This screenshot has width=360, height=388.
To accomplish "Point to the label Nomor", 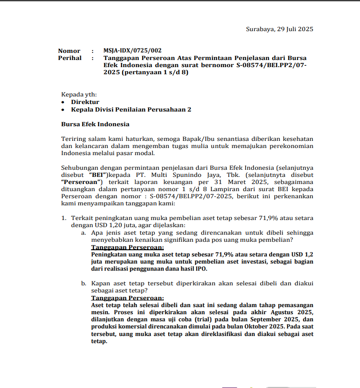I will [69, 51].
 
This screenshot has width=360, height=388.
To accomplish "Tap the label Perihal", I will [70, 58].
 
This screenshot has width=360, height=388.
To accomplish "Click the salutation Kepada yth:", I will [79, 95].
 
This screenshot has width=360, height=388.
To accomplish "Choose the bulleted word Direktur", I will [85, 102].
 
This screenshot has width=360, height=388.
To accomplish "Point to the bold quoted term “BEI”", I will [99, 175].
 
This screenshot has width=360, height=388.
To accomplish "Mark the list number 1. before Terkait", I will [63, 218].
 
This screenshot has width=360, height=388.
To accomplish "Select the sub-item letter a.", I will [83, 232].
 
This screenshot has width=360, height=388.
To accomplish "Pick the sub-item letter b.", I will [83, 283].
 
